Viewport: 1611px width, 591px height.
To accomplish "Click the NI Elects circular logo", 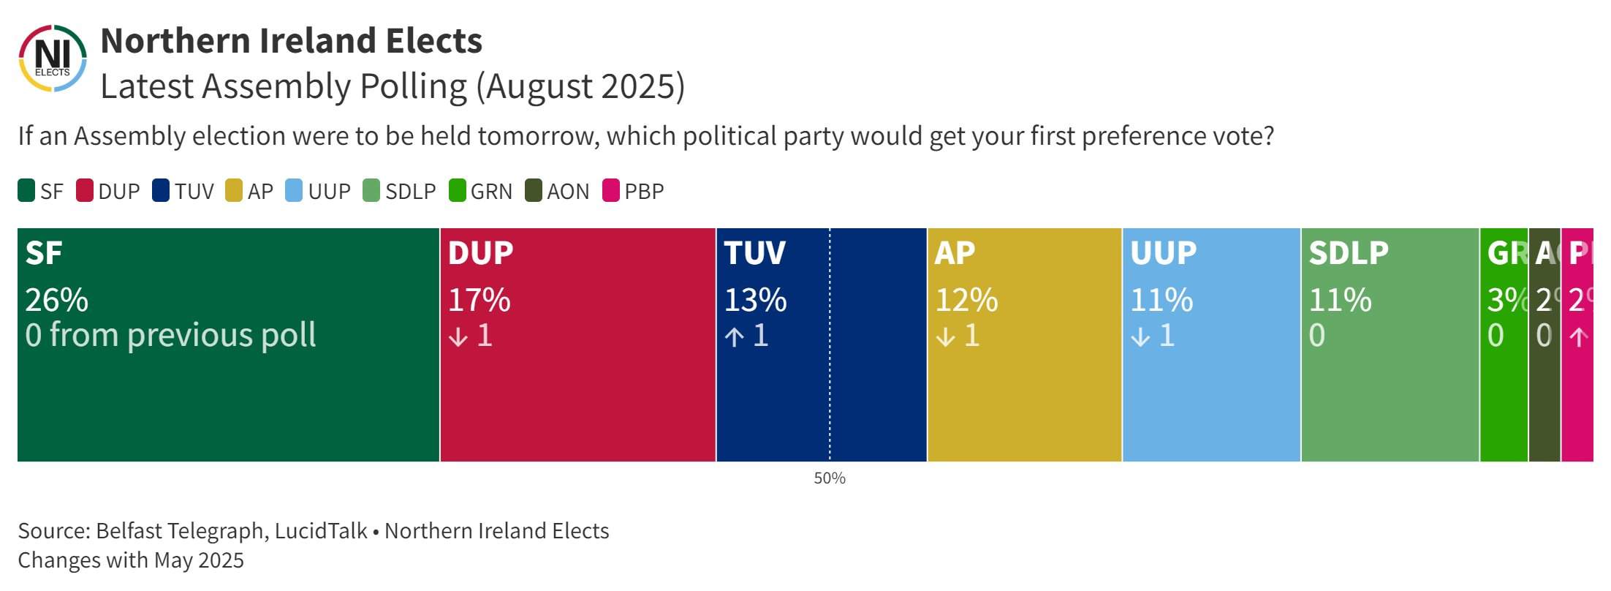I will pos(52,59).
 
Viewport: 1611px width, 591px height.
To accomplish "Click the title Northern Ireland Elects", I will pos(291,41).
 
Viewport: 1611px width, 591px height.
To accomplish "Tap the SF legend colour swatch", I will pos(26,191).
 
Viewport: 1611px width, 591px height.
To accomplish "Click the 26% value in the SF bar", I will pos(56,300).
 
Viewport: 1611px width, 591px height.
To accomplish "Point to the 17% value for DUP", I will pos(479,300).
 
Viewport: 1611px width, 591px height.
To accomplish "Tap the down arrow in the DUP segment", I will pos(458,336).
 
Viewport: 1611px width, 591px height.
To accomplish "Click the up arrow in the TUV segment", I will pos(735,336).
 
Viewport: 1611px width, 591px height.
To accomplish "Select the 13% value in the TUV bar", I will pos(755,300).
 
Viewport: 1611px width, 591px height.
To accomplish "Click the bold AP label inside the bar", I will pos(955,253).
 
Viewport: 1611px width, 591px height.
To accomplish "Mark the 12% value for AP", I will pos(966,300).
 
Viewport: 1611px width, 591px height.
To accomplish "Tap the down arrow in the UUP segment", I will pos(1141,336).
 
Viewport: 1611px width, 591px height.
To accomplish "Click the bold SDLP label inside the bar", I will pos(1348,253).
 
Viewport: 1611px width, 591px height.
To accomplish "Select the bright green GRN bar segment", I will pos(1504,402).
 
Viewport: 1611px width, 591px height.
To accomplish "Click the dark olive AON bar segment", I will pos(1544,402).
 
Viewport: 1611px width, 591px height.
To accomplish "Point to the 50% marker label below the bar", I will pos(830,478).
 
